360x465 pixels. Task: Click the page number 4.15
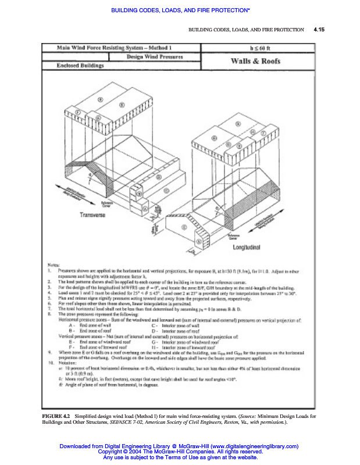(319, 30)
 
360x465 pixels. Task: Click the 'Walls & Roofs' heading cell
(256, 61)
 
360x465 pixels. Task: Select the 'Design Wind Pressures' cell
(155, 57)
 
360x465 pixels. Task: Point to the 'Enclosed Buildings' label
(80, 66)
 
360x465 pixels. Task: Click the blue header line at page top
(180, 10)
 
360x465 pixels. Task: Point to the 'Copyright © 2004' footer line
(180, 452)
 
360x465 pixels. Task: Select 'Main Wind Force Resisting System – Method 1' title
(118, 46)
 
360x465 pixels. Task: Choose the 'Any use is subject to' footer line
(180, 457)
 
